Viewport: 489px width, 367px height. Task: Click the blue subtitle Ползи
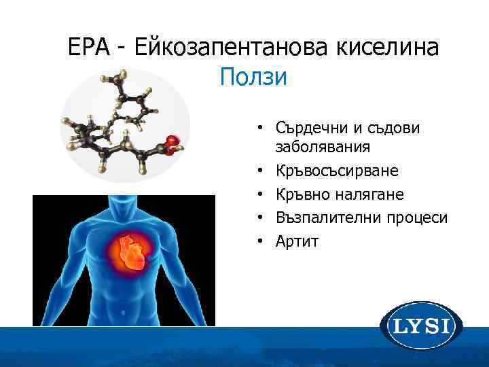(x=253, y=77)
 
